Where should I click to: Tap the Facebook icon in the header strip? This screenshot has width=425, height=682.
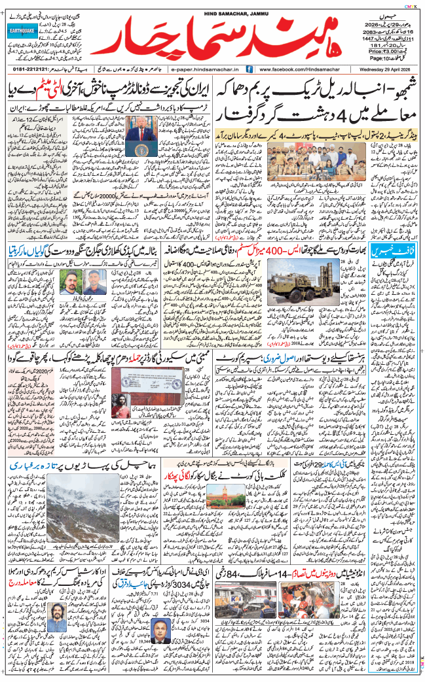click(249, 69)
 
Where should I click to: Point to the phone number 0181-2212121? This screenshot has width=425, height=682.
click(37, 69)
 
